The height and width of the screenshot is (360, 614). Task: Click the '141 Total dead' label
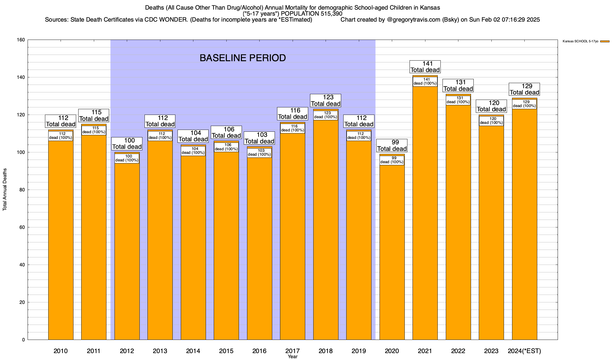click(x=425, y=67)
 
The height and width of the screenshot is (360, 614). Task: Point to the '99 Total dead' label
click(x=392, y=145)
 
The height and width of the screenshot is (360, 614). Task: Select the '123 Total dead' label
click(x=326, y=100)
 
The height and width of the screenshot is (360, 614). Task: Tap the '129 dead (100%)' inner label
click(x=524, y=104)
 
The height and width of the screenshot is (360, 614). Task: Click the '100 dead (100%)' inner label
click(x=127, y=158)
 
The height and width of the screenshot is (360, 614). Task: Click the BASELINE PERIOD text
click(x=243, y=58)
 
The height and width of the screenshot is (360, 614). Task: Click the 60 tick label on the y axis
click(x=22, y=227)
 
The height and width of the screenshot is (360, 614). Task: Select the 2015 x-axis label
click(x=226, y=351)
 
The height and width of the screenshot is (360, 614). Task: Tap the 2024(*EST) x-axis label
click(x=524, y=351)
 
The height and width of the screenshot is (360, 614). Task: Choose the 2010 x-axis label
click(x=61, y=351)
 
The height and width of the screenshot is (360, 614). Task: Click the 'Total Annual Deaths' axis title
click(x=5, y=190)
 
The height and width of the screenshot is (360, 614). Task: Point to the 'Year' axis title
click(x=293, y=357)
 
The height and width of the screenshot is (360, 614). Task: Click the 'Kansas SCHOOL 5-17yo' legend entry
click(x=580, y=41)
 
